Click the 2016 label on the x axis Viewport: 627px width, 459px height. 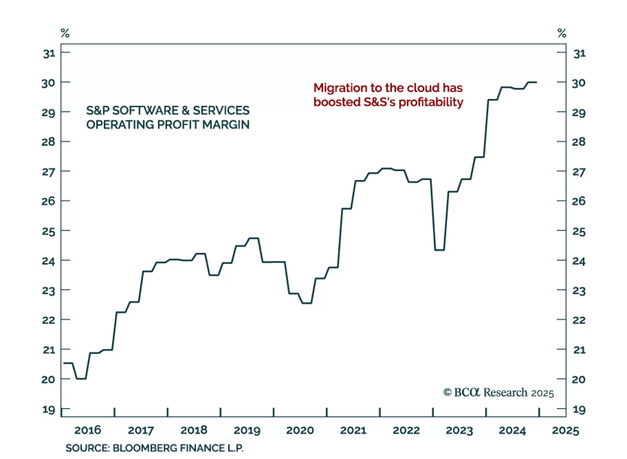point(87,430)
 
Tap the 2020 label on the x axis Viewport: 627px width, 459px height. point(300,430)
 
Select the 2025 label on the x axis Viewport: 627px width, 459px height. point(565,430)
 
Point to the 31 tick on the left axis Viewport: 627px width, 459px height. point(49,53)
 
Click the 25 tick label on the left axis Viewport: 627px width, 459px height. point(49,231)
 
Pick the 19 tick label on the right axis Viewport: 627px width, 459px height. point(579,410)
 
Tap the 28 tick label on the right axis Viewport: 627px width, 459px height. point(578,141)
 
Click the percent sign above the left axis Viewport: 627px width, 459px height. point(65,33)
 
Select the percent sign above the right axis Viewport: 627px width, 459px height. point(562,33)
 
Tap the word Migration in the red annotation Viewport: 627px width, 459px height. point(340,88)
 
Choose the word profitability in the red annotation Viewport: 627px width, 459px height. point(431,102)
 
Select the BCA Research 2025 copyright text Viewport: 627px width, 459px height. point(498,392)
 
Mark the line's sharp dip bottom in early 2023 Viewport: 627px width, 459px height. point(439,249)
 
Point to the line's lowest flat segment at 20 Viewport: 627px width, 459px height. point(81,379)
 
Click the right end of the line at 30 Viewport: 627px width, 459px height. point(536,82)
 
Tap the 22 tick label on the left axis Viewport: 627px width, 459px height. point(49,320)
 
